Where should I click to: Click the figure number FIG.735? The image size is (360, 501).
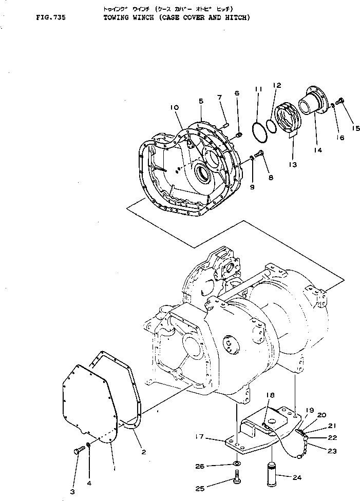[51, 17]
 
